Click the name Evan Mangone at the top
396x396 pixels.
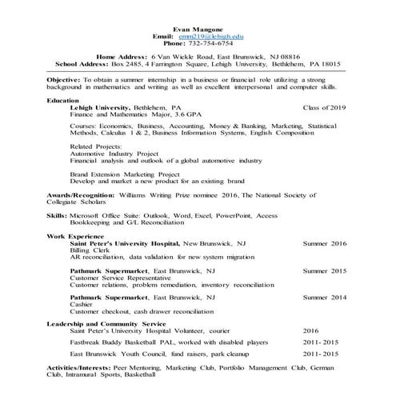pyautogui.click(x=198, y=28)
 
